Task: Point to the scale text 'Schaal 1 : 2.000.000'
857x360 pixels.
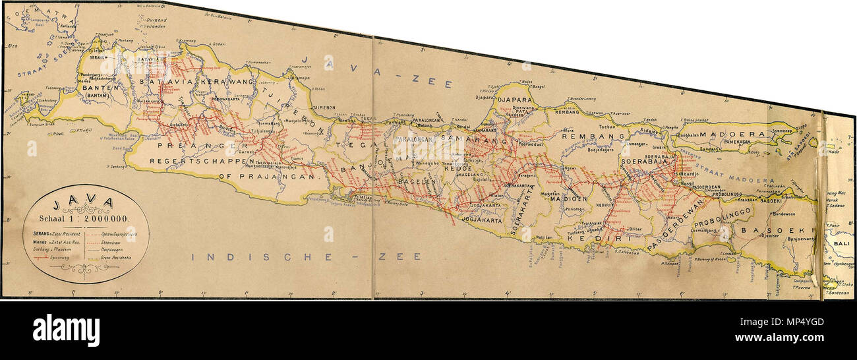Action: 83,218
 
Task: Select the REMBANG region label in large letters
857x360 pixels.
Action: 593,136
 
